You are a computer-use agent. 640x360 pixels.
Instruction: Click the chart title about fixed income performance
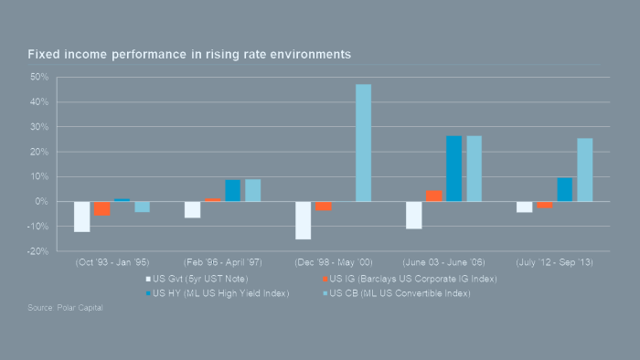189,55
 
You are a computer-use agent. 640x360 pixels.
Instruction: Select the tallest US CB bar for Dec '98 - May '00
363,143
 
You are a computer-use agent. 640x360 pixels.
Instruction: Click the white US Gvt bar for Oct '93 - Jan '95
82,217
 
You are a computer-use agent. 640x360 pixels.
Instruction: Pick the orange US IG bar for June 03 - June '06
434,196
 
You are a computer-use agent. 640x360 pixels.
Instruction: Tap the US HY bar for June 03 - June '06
454,168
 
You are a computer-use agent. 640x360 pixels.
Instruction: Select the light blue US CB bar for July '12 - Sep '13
584,170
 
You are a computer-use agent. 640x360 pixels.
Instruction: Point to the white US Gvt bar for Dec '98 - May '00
303,220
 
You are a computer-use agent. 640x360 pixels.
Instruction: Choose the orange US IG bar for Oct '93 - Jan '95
102,208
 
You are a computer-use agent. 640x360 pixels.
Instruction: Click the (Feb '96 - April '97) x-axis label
222,259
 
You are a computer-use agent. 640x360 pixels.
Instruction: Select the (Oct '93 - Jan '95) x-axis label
112,259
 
